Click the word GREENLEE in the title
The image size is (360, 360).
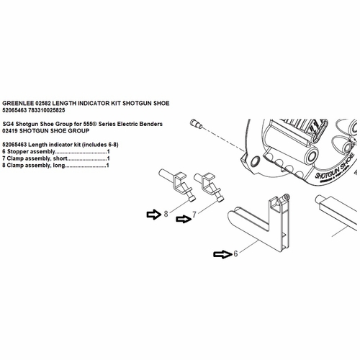coord(20,103)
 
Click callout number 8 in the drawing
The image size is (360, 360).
coord(166,214)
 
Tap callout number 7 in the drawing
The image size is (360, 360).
coord(194,215)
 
